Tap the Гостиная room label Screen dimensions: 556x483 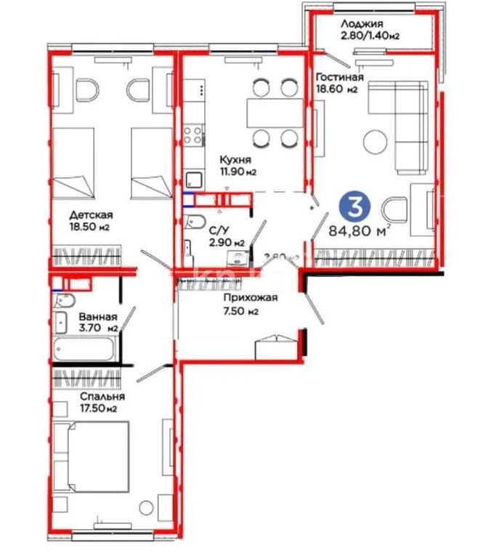click(339, 76)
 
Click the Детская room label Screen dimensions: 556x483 click(91, 214)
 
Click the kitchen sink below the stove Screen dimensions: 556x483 click(194, 179)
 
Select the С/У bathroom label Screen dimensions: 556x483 click(217, 230)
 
